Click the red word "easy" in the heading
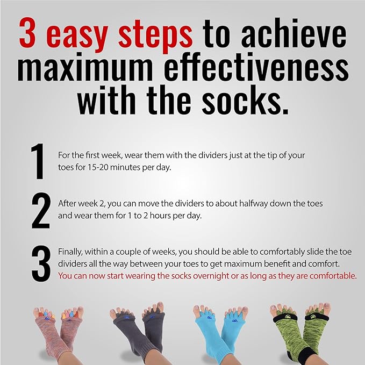(74, 33)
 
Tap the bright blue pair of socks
(219, 331)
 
